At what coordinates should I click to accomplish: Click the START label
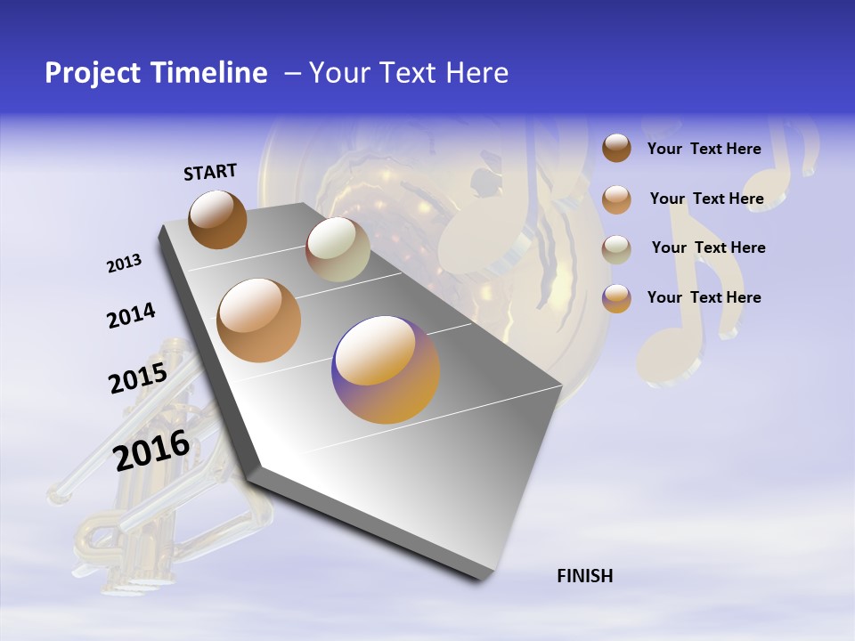(x=210, y=172)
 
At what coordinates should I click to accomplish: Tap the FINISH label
(x=584, y=576)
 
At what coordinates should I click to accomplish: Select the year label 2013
(x=124, y=264)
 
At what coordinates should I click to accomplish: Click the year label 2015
(x=138, y=378)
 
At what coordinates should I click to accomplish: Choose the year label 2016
(x=151, y=450)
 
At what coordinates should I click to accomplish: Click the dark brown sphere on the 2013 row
(x=217, y=219)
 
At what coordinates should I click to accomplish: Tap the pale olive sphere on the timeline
(x=338, y=249)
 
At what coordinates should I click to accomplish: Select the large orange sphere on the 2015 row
(x=259, y=320)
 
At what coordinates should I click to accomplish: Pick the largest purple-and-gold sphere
(x=386, y=369)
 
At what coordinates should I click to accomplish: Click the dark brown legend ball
(x=616, y=148)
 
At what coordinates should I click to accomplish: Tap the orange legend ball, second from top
(x=616, y=199)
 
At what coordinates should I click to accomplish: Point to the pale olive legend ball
(x=616, y=248)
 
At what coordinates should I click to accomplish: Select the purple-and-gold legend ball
(x=616, y=297)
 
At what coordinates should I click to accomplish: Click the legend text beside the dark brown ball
(x=704, y=149)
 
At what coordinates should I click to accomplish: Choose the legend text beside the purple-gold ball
(x=704, y=297)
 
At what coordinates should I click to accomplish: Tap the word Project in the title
(x=94, y=73)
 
